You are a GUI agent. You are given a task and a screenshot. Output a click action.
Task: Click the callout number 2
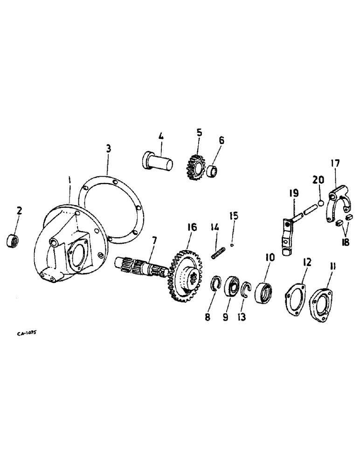pos(19,211)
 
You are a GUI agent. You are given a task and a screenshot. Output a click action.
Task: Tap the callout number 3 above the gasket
pos(108,149)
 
